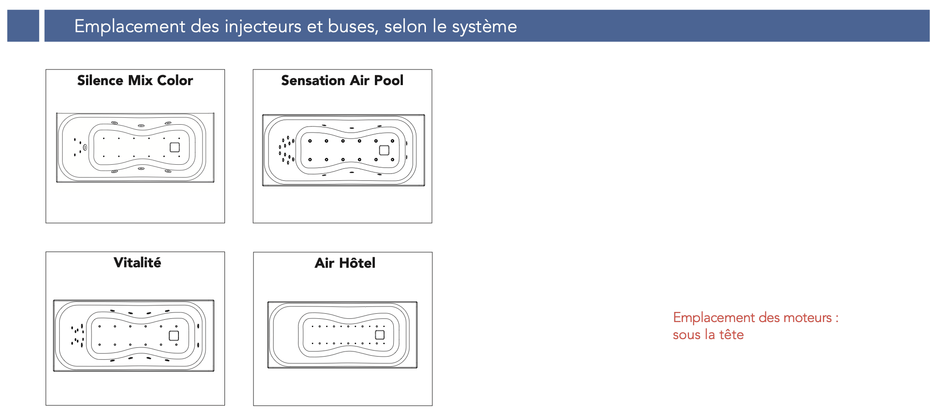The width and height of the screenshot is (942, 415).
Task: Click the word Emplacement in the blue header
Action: pos(130,26)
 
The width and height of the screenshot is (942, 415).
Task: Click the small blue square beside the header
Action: pos(23,26)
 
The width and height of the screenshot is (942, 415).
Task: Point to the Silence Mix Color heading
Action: pos(135,81)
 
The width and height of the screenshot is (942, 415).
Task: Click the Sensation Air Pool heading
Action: pos(342,81)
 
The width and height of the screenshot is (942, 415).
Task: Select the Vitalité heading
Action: pos(137,263)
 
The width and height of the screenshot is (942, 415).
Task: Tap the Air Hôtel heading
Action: pos(345,263)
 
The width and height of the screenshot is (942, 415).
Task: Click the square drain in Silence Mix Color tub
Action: pos(175,147)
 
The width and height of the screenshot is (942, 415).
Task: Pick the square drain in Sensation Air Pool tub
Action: pos(384,150)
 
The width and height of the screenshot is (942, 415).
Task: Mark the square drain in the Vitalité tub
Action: pos(174,335)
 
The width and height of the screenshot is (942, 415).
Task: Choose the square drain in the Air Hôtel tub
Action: pos(380,335)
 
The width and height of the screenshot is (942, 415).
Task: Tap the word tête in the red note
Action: pos(731,334)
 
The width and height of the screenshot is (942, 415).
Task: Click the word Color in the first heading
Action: pos(175,81)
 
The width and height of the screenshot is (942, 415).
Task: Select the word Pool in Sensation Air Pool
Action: pos(389,81)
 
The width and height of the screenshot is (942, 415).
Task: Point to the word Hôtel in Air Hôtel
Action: pos(357,263)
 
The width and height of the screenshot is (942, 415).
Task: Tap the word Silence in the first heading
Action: pos(100,81)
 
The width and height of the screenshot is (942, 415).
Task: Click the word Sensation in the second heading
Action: pos(313,81)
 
